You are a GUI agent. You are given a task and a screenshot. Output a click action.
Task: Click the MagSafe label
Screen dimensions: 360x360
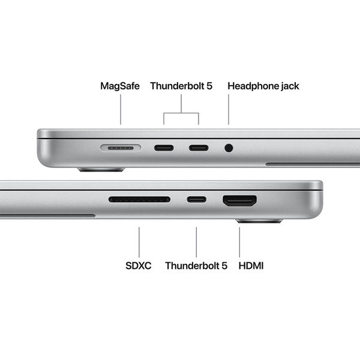tap(119, 86)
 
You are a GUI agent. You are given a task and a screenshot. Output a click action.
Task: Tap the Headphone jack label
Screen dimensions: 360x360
tap(263, 86)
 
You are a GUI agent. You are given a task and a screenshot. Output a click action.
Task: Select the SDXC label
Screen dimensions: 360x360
tap(139, 265)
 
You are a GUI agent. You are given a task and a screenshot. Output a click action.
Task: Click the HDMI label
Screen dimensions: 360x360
tap(251, 265)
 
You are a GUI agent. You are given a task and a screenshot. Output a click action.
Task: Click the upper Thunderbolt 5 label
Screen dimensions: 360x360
tap(181, 86)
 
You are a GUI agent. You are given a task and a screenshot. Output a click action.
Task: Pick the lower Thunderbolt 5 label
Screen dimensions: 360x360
tap(196, 265)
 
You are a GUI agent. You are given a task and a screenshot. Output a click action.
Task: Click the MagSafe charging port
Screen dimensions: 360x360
tap(121, 147)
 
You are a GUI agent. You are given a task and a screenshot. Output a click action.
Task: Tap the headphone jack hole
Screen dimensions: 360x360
tap(228, 147)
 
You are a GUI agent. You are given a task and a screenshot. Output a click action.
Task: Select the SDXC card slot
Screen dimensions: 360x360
tap(139, 199)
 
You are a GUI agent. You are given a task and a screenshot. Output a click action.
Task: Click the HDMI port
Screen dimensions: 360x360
tap(240, 200)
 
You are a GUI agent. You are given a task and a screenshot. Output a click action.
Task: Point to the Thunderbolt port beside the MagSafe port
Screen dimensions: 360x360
tap(164, 147)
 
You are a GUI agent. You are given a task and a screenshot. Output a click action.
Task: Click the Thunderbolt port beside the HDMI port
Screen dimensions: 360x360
tap(196, 199)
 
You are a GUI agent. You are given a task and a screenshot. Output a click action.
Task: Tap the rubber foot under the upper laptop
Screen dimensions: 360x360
tap(101, 170)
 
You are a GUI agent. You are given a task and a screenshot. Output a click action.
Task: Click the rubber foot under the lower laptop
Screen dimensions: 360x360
tap(259, 221)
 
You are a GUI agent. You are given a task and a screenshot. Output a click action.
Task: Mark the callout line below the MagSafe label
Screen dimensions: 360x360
tap(120, 110)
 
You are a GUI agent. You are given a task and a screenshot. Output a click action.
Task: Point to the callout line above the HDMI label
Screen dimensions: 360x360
tap(239, 241)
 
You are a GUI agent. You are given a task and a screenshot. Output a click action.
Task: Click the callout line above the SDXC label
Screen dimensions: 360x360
tap(139, 241)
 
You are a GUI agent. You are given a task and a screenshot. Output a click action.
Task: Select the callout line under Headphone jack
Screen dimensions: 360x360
tap(229, 110)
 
